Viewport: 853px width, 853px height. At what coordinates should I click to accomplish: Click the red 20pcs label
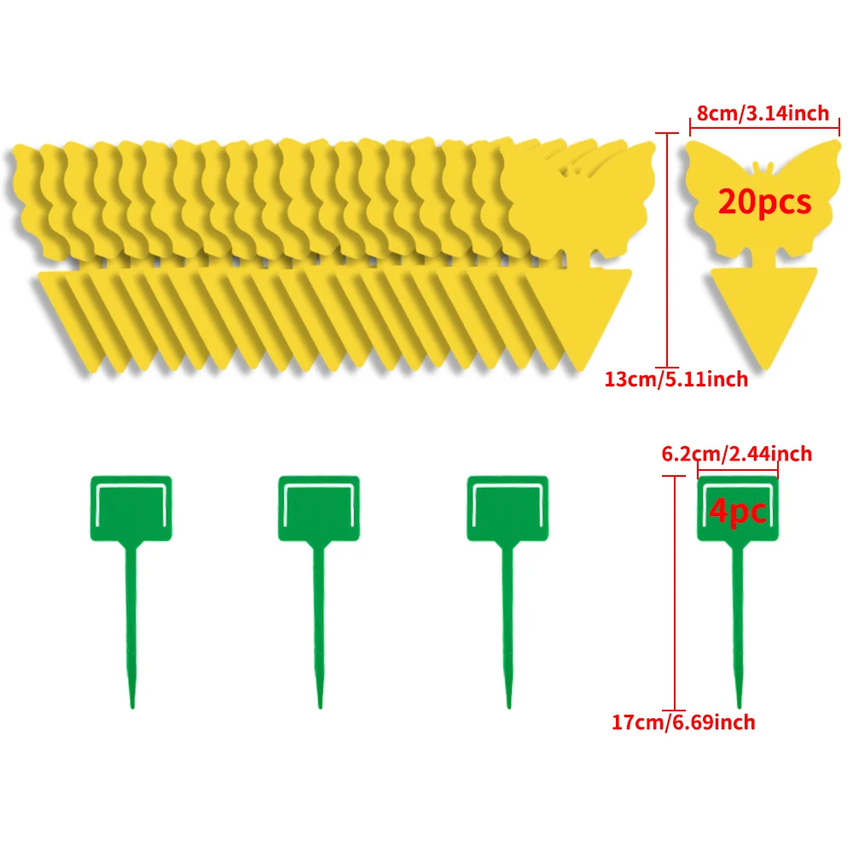pos(764,202)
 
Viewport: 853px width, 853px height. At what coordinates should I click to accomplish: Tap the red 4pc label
pos(738,511)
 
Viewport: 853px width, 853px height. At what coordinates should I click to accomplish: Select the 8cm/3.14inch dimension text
pos(763,113)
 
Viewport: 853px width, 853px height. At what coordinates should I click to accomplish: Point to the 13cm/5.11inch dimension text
pos(676,380)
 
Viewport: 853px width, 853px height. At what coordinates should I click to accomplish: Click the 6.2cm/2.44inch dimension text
pos(737,454)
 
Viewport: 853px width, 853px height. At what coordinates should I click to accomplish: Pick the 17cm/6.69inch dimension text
pos(683,722)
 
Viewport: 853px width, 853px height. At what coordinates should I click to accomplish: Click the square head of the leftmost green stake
pos(131,508)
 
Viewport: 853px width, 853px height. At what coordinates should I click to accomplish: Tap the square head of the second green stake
pos(319,508)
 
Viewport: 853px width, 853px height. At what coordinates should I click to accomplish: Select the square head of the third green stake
pos(508,508)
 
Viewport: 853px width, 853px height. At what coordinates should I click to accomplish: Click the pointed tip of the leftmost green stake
pos(132,708)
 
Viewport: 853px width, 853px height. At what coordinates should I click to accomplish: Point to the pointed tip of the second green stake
pos(320,708)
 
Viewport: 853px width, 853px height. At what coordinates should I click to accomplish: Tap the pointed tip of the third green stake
pos(508,708)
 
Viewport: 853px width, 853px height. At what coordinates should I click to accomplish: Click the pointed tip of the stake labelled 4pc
pos(739,708)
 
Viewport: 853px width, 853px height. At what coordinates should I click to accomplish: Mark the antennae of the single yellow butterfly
pos(763,167)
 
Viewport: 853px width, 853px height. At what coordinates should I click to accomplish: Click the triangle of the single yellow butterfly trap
pos(764,310)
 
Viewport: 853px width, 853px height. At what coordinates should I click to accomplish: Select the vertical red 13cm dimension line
pos(667,250)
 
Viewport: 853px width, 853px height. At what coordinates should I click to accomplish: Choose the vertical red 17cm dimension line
pos(675,593)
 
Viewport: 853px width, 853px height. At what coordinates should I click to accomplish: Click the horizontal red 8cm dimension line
pos(764,129)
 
